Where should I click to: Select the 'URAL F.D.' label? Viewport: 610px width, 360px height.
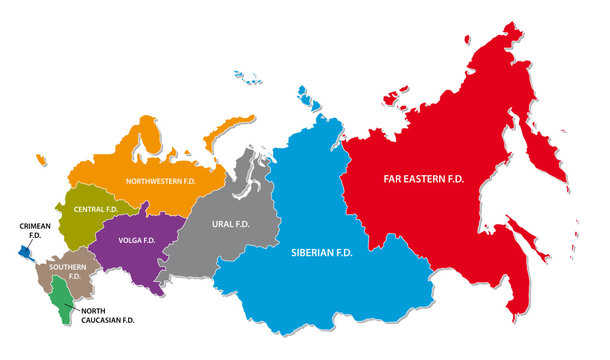coord(229,223)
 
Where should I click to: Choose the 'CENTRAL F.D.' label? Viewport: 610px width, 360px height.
coord(95,209)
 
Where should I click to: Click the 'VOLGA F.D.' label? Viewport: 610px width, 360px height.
coord(135,240)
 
